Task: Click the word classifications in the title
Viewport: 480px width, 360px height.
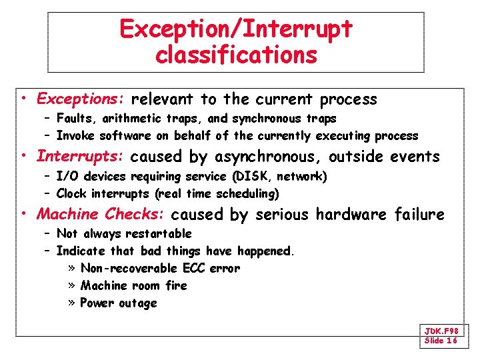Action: tap(236, 55)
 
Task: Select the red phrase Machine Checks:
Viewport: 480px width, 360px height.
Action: tap(101, 214)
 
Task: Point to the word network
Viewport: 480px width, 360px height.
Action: tap(301, 177)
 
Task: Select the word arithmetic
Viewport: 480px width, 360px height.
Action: tap(129, 119)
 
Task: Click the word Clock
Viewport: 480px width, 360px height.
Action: tap(72, 194)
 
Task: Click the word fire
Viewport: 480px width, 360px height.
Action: tap(176, 285)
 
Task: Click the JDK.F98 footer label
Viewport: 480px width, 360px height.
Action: tap(441, 331)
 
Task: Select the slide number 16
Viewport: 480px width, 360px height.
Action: tap(451, 341)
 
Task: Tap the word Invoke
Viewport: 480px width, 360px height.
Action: tap(75, 136)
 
